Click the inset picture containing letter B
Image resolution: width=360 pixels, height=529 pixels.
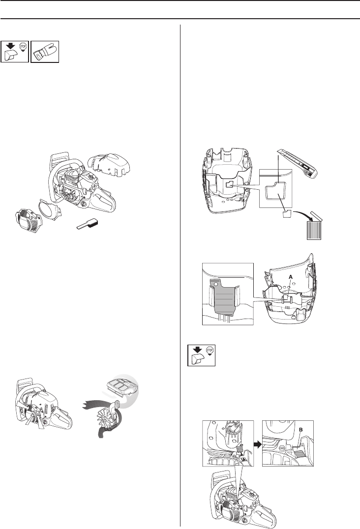point(288,442)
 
